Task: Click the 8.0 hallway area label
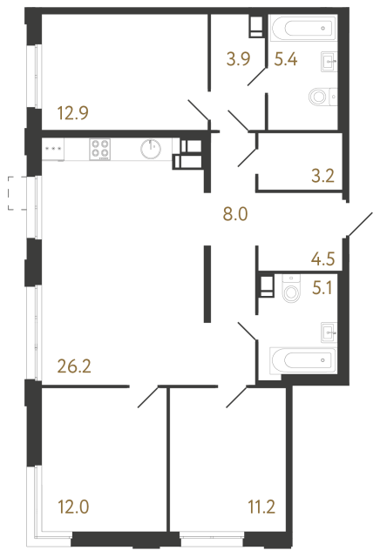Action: click(x=235, y=211)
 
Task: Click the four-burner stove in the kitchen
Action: click(x=101, y=149)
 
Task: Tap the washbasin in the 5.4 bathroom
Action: click(x=329, y=60)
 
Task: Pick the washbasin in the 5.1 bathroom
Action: click(x=329, y=329)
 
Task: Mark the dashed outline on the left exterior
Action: click(x=11, y=193)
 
